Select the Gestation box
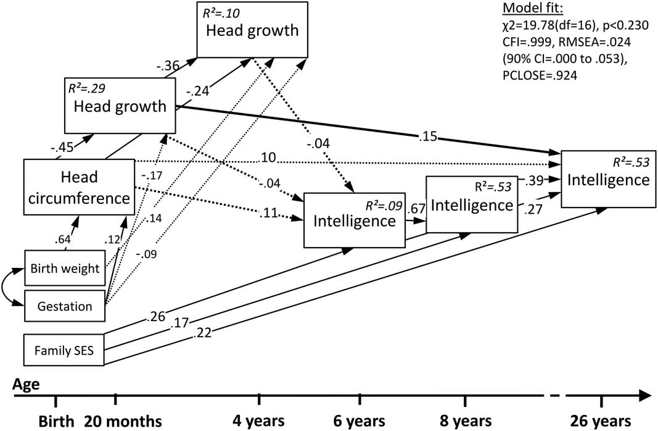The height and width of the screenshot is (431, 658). point(64,306)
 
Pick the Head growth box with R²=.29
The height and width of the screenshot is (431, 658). point(120,106)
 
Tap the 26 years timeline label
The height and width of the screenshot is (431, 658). point(602,421)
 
